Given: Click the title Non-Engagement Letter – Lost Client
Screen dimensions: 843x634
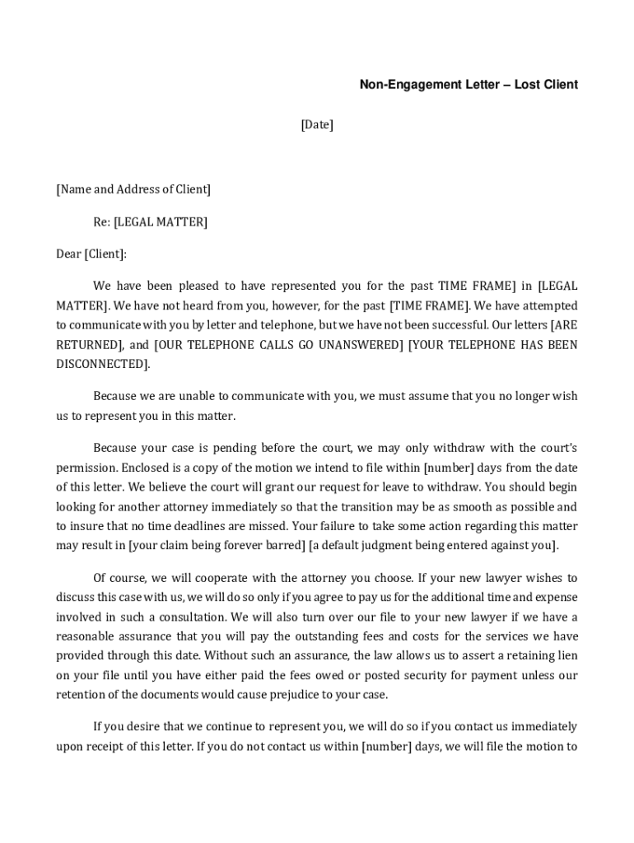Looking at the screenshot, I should tap(468, 84).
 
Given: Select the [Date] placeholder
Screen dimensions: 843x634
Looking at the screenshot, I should tap(317, 125).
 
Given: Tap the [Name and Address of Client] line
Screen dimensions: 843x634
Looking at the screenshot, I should tap(133, 189).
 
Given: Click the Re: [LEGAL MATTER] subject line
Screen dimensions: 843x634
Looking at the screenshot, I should tap(150, 221).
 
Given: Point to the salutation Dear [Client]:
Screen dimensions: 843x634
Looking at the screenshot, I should tap(91, 254).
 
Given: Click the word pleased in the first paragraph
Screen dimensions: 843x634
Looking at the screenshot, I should tap(196, 286).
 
